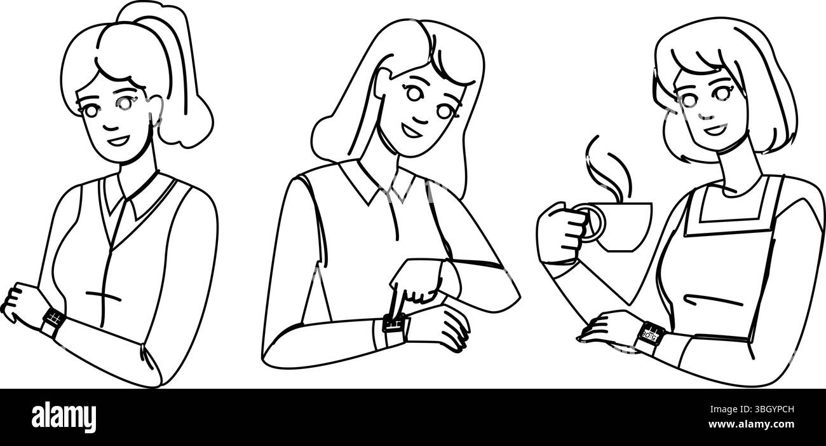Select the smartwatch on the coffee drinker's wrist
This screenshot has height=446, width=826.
pyautogui.click(x=650, y=335)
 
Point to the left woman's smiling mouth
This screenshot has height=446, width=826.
pyautogui.click(x=118, y=138)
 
